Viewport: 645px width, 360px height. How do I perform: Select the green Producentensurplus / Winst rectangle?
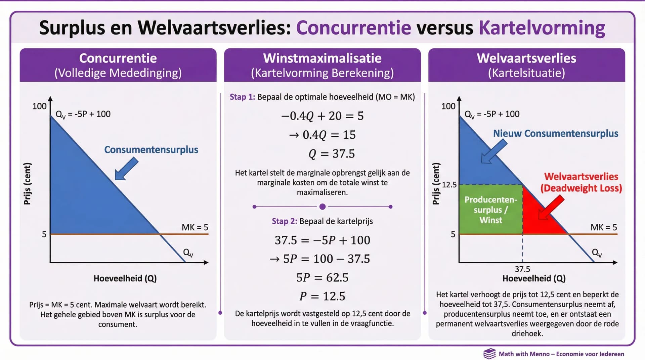(491, 210)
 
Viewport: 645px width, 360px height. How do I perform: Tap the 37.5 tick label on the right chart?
(522, 269)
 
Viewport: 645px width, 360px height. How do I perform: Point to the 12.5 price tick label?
(449, 185)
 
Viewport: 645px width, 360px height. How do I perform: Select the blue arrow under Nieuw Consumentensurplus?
(494, 151)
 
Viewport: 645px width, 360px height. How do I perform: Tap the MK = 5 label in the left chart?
(195, 227)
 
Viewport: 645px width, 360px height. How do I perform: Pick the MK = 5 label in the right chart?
(604, 227)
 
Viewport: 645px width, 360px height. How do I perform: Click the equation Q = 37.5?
(332, 154)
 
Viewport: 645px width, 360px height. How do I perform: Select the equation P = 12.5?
(322, 296)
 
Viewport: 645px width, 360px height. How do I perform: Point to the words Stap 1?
(242, 97)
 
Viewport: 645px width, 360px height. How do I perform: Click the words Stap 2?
(284, 221)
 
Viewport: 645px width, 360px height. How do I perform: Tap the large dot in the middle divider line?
(322, 207)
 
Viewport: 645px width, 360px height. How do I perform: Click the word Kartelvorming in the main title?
(542, 28)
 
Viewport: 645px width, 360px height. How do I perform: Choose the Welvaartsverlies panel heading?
(526, 58)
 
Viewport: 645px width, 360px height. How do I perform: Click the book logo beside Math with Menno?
(489, 354)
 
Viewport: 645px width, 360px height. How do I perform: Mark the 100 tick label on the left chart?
(39, 106)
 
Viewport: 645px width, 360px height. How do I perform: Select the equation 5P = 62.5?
(322, 278)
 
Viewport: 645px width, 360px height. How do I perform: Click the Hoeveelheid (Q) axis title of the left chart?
(125, 278)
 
